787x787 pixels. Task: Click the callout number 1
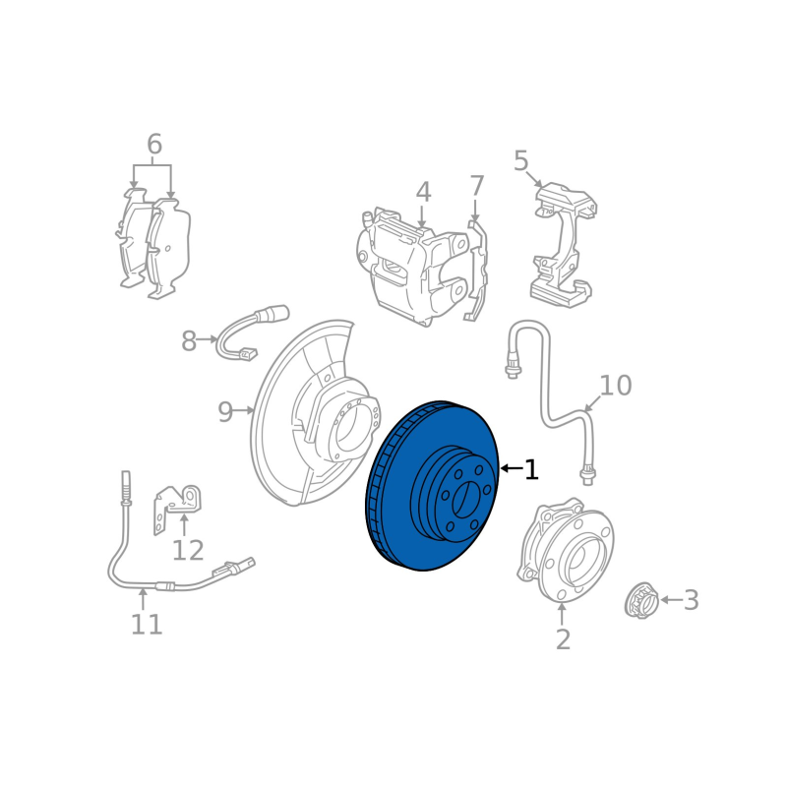tap(531, 470)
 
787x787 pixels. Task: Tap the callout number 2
tap(563, 639)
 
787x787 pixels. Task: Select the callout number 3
tap(692, 600)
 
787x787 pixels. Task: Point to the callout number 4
tap(423, 193)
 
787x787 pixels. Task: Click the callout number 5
tap(521, 160)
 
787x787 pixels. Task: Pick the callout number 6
tap(154, 144)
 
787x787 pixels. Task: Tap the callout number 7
tap(476, 186)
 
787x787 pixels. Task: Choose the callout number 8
tap(189, 341)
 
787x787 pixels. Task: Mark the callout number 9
tap(225, 411)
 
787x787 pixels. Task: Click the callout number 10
tap(616, 385)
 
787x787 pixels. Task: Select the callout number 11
tap(147, 624)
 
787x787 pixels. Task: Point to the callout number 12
tap(188, 550)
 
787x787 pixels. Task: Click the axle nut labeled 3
tap(642, 600)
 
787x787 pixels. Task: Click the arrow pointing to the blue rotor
tap(512, 469)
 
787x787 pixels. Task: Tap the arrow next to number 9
tap(245, 410)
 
